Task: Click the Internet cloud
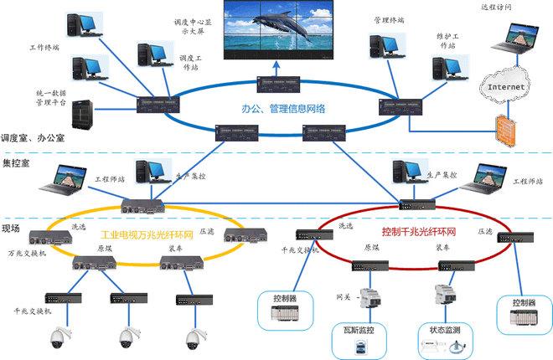(507, 85)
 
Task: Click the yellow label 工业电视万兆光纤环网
(147, 235)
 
